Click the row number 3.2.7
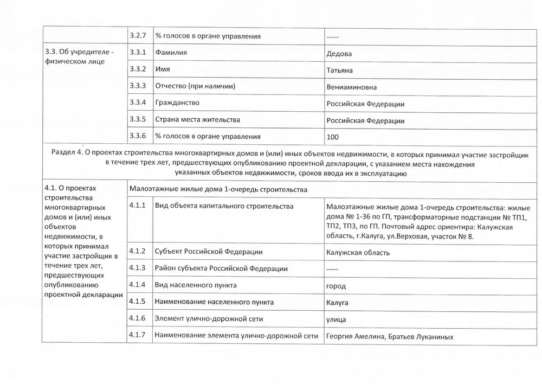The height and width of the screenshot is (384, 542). click(x=138, y=36)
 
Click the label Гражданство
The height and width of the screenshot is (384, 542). click(x=177, y=103)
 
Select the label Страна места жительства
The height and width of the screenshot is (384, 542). click(x=197, y=120)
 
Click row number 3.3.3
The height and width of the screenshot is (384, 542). click(x=138, y=87)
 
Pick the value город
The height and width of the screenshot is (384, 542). click(x=337, y=286)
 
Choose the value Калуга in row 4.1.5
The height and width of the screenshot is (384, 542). click(x=337, y=302)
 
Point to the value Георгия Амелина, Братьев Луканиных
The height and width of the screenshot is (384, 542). click(x=390, y=337)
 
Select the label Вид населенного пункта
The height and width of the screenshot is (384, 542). click(x=196, y=285)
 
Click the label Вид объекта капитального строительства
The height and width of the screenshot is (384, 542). click(x=224, y=207)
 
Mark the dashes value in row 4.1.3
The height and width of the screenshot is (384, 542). click(x=333, y=269)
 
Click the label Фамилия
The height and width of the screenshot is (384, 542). click(x=171, y=53)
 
